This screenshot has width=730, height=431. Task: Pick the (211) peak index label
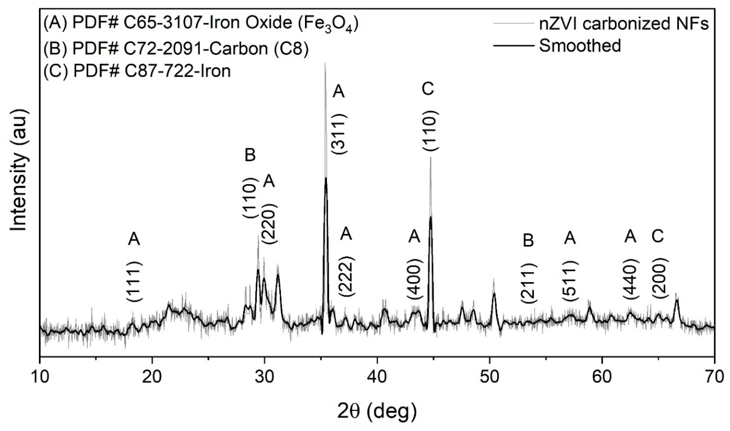(528, 283)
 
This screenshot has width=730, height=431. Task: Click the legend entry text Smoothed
(580, 46)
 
